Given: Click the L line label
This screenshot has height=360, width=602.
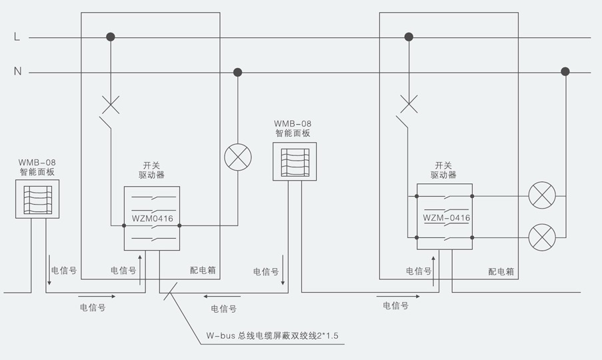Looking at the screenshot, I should [x=17, y=37].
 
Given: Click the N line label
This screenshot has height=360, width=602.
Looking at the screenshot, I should [x=18, y=72].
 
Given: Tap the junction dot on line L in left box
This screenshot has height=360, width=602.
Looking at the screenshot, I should [x=111, y=37].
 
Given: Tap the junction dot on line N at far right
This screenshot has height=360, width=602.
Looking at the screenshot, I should [x=565, y=72].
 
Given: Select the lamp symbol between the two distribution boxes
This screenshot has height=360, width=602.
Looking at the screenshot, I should [x=237, y=157].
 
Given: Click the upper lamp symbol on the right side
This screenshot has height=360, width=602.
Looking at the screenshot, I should [x=541, y=196].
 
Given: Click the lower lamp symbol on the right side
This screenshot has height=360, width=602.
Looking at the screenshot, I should [x=541, y=237].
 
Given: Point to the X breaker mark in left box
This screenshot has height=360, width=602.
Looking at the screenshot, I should [x=111, y=104].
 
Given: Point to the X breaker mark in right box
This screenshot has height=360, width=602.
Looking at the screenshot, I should [x=409, y=104].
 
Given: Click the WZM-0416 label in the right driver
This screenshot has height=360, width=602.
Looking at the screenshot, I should [x=447, y=218].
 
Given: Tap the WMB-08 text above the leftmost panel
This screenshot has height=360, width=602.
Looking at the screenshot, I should [x=37, y=162].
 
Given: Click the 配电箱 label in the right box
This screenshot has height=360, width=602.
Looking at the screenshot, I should [x=501, y=271].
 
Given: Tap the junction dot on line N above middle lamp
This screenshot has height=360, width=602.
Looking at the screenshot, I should [x=237, y=72].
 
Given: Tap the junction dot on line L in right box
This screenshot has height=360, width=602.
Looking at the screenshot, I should [x=409, y=37].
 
